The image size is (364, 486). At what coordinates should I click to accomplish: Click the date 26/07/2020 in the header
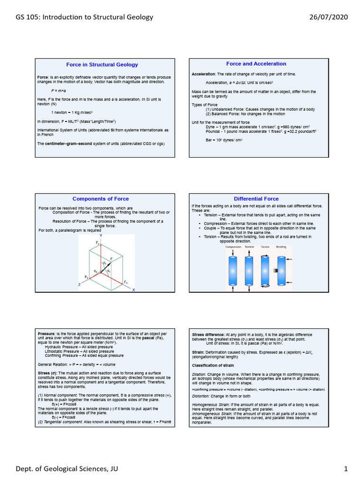[x=328, y=17]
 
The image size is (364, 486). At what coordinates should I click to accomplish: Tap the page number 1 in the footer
[x=346, y=469]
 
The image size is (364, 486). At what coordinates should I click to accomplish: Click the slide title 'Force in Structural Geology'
[x=102, y=65]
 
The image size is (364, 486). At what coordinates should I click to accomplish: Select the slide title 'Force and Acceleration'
[x=256, y=64]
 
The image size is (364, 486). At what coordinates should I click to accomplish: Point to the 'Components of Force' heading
[x=100, y=199]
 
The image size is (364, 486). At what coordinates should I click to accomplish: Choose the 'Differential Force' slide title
[x=256, y=199]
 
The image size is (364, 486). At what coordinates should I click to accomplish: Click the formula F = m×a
[x=58, y=90]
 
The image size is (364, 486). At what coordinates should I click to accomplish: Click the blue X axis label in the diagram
[x=133, y=290]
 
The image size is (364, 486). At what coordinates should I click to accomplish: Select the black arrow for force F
[x=106, y=265]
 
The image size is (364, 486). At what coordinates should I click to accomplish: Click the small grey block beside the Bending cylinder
[x=274, y=271]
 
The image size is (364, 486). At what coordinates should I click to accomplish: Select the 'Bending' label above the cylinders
[x=281, y=247]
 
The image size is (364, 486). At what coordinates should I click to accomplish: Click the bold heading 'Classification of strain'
[x=212, y=365]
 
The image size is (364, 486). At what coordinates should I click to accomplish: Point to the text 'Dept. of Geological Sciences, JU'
[x=66, y=469]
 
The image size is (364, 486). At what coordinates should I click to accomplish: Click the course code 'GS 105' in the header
[x=28, y=17]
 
